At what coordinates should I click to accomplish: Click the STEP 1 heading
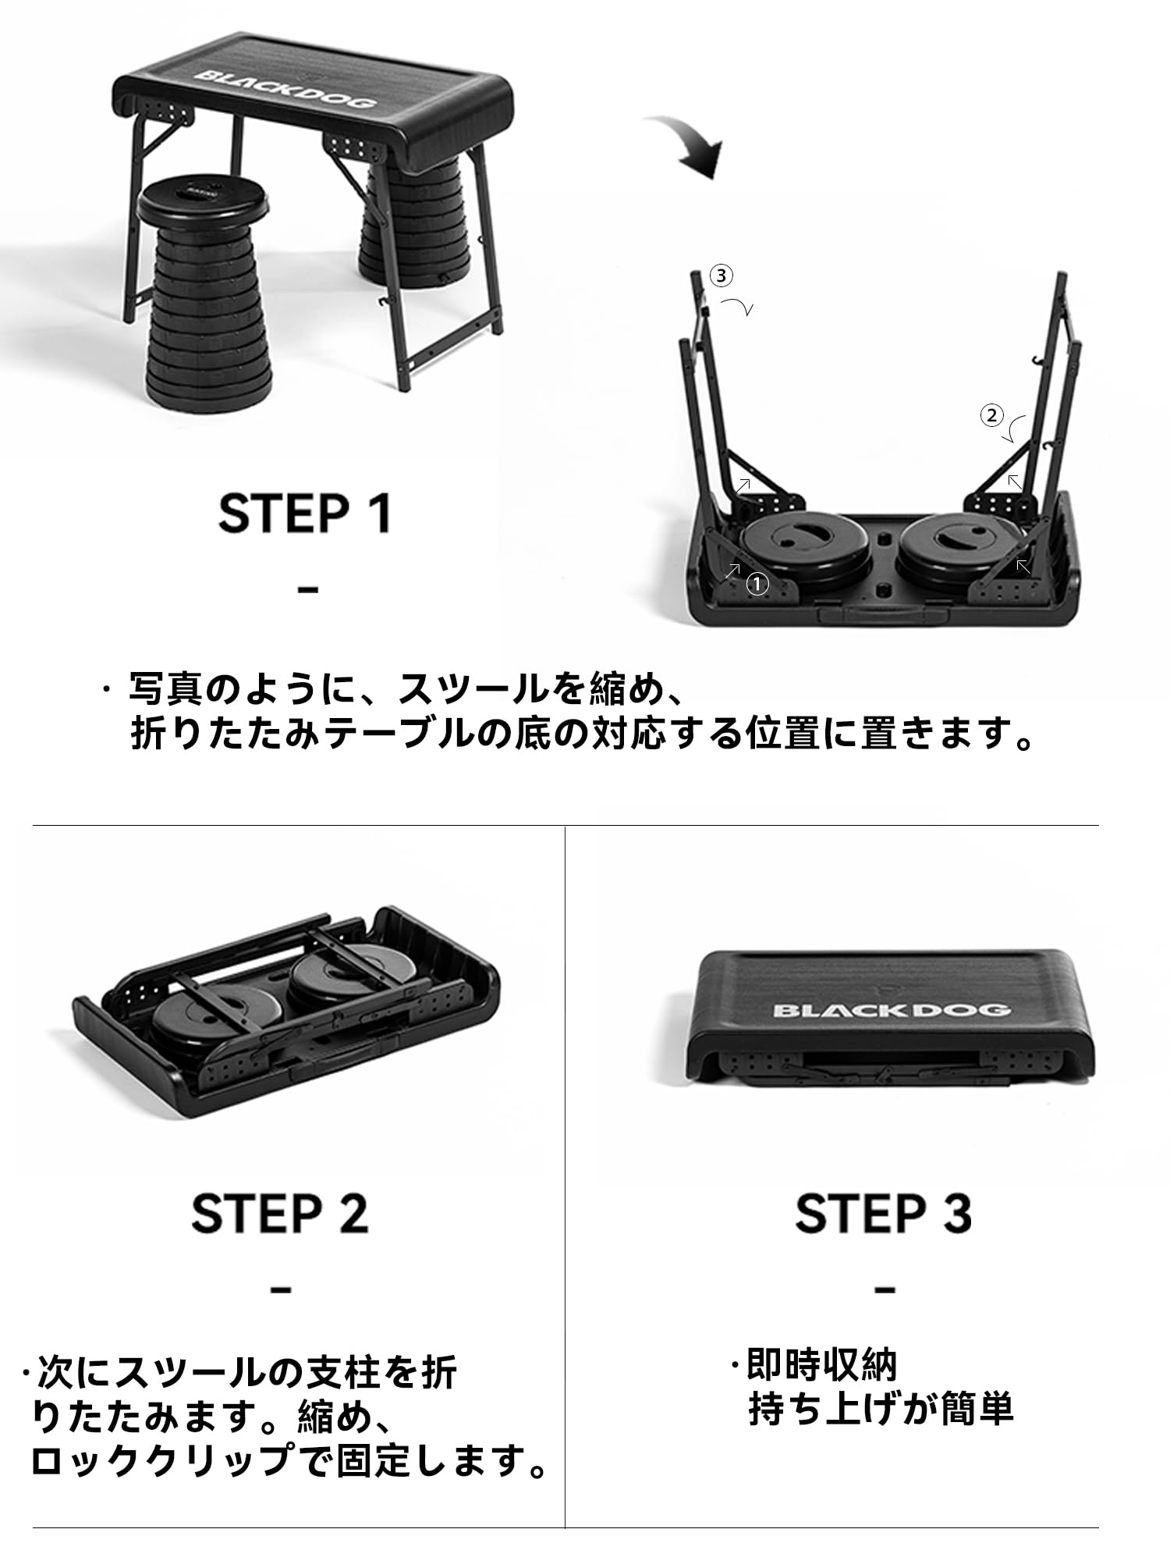[x=304, y=513]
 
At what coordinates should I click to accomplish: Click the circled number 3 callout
[x=721, y=276]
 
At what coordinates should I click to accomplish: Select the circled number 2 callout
[x=991, y=416]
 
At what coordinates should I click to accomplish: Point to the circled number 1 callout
[x=757, y=583]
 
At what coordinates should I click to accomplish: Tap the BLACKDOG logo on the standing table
[x=285, y=88]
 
